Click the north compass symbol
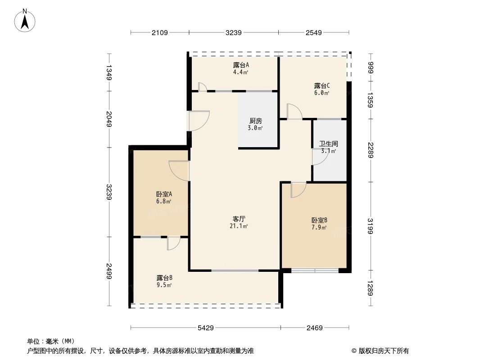coord(26,20)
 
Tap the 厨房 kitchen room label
coord(256,121)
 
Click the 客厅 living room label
coord(238,219)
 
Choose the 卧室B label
coord(319,220)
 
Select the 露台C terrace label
coord(322,85)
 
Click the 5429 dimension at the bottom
coord(205,328)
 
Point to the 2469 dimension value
coord(315,328)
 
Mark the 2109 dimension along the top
coord(160,32)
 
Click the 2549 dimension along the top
coord(313,32)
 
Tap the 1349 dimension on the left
coord(109,72)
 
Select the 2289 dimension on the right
coord(370,150)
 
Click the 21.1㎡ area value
coord(239,226)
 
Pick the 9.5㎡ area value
coord(164,285)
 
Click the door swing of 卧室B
coord(297,190)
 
